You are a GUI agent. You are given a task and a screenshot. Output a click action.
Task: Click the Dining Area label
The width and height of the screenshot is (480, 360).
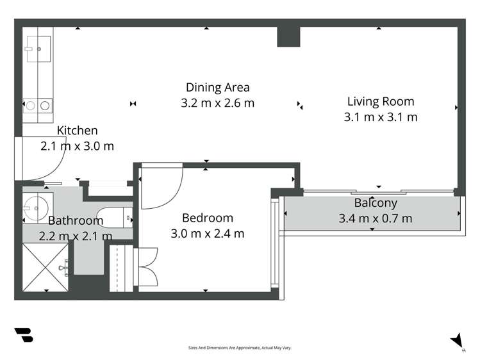(x=218, y=88)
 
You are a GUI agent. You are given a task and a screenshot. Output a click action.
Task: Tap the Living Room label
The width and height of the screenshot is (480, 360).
(x=381, y=102)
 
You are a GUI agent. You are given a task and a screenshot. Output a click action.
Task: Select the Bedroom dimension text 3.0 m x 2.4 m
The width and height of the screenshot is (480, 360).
(x=207, y=234)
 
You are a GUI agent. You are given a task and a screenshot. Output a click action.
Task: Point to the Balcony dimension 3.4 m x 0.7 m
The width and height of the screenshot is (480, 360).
(x=376, y=218)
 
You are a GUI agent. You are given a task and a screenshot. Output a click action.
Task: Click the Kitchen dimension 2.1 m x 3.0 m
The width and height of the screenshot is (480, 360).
(x=77, y=146)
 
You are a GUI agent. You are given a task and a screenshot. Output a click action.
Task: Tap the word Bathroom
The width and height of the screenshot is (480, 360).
(x=76, y=220)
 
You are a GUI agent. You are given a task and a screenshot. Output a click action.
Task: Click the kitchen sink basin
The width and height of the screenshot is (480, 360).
(x=38, y=49)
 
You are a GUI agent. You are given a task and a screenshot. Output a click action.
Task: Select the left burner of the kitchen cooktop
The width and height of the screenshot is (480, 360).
(x=31, y=106)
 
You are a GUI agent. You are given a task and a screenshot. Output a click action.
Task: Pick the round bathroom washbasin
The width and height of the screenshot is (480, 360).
(x=36, y=208)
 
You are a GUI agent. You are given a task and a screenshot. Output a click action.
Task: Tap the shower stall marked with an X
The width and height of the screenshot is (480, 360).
(x=46, y=267)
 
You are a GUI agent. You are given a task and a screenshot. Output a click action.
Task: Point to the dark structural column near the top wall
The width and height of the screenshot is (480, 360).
(x=288, y=37)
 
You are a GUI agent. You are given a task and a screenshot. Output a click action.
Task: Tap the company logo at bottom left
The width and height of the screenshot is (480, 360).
(x=24, y=335)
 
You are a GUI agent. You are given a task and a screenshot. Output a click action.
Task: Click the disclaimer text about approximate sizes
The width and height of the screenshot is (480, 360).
(x=240, y=348)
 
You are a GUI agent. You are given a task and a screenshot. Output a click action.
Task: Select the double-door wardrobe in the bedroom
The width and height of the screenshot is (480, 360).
(x=145, y=267)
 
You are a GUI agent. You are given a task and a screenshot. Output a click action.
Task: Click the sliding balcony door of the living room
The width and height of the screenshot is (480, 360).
(x=379, y=192)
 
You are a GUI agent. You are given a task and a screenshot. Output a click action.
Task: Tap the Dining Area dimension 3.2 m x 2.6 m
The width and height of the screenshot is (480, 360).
(x=218, y=103)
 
